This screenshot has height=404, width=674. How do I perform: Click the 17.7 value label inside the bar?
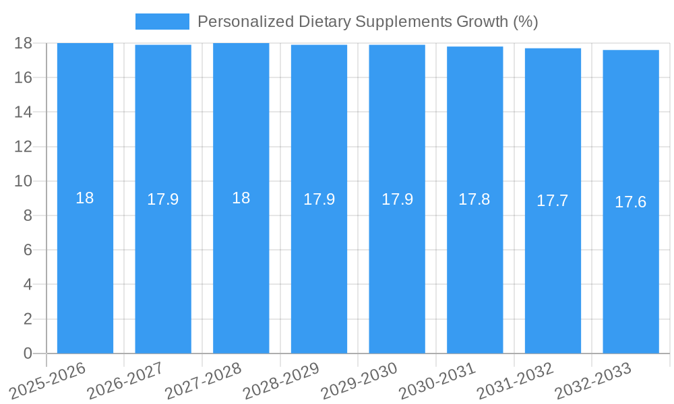click(553, 201)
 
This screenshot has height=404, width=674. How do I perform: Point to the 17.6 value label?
click(631, 202)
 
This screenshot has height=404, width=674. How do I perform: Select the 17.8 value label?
click(474, 199)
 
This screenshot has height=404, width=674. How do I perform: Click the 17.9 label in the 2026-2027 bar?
click(163, 199)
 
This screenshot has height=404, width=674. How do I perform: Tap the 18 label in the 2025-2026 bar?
click(85, 198)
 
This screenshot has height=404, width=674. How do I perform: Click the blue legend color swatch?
click(162, 22)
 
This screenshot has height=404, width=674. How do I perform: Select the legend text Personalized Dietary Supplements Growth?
click(367, 22)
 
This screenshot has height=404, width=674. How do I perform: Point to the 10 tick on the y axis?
click(23, 181)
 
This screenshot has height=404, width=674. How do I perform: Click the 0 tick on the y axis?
click(28, 353)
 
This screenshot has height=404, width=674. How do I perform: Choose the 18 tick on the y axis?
click(23, 43)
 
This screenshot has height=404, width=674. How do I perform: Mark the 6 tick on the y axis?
click(28, 250)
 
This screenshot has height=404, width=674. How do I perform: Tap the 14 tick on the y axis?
click(23, 112)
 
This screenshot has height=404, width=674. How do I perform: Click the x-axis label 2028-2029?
click(282, 380)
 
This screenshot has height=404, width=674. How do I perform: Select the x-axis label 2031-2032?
click(516, 380)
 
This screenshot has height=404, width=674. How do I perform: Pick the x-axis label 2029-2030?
click(360, 380)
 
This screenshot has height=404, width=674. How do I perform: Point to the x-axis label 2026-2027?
click(126, 380)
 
